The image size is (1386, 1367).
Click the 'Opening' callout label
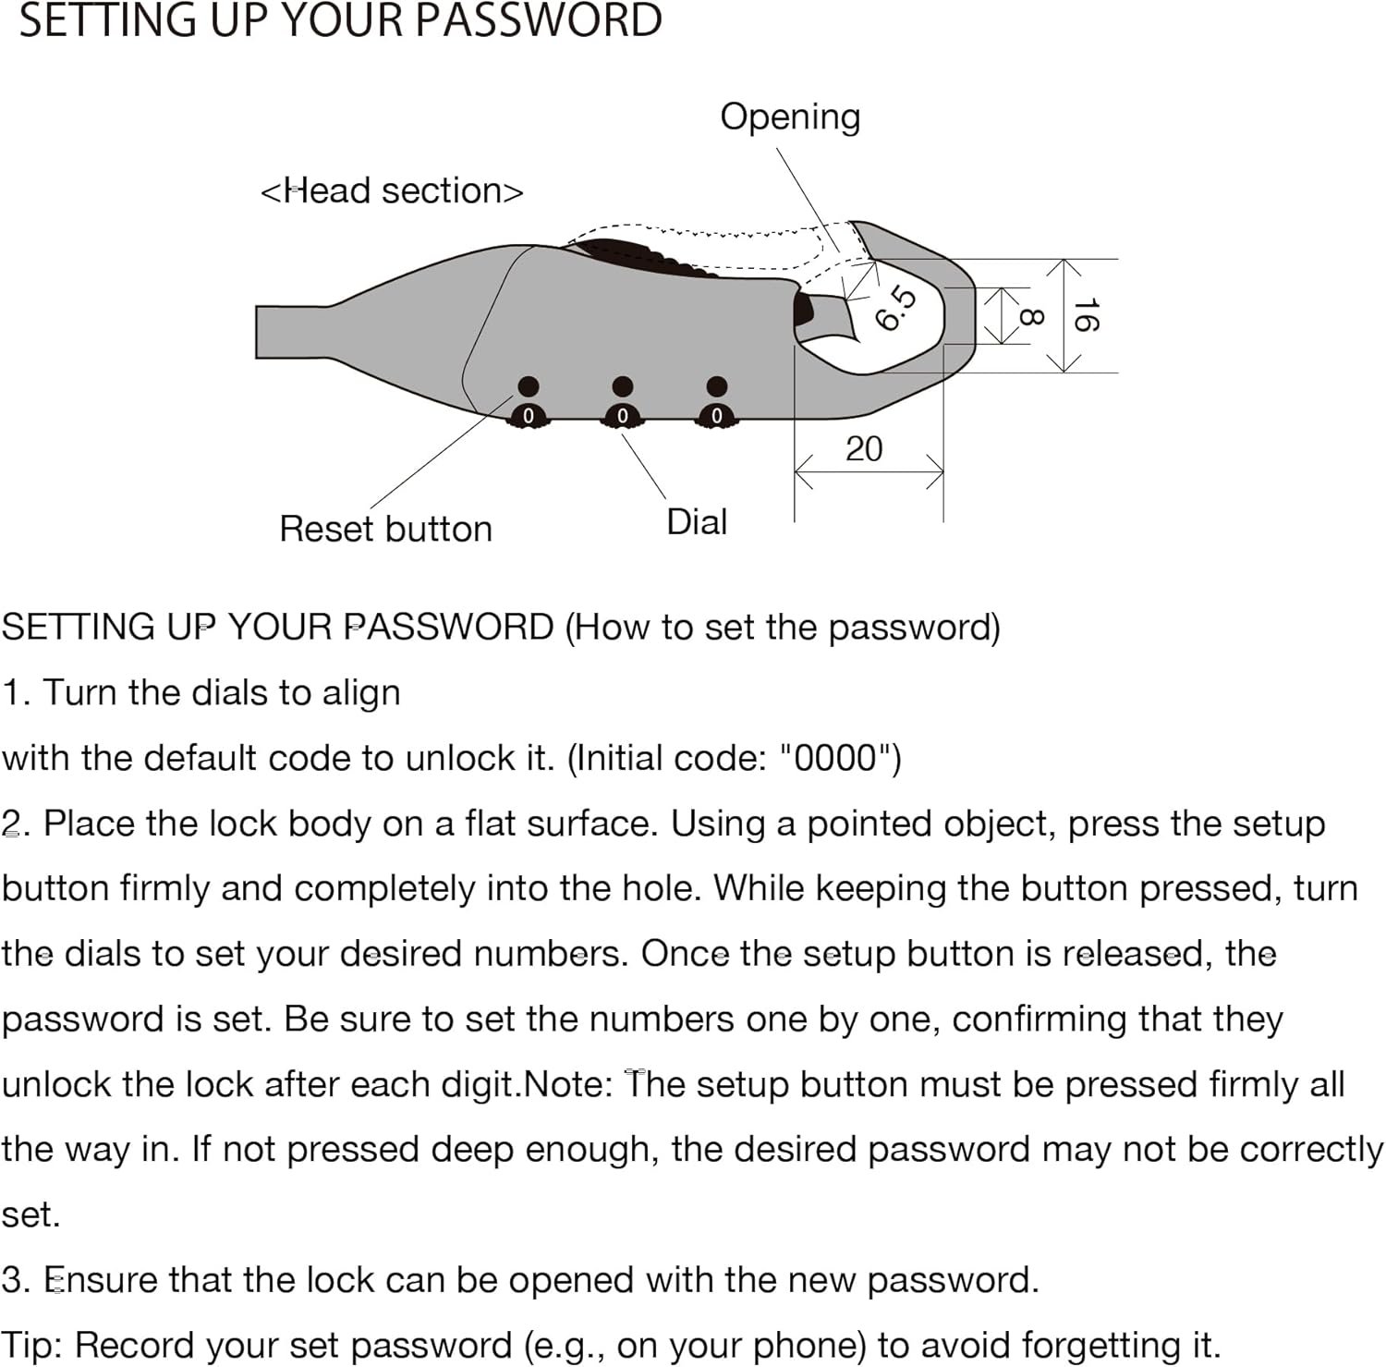coord(790,117)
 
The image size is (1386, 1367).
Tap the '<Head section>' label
coord(392,190)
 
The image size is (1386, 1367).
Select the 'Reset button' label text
coord(385,529)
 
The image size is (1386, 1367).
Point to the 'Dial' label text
coord(697,522)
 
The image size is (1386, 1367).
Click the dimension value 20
coord(864,449)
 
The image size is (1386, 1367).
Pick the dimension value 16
coord(1085,315)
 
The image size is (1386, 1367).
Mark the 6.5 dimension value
coord(895,309)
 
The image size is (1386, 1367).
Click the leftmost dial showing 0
coord(529,416)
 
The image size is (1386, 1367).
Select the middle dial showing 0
coord(623,416)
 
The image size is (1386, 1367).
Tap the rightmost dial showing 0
coord(717,416)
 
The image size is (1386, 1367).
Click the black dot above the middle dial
coord(623,385)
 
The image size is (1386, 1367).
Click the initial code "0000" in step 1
coord(834,758)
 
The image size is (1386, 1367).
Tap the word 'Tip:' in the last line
coord(31,1345)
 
